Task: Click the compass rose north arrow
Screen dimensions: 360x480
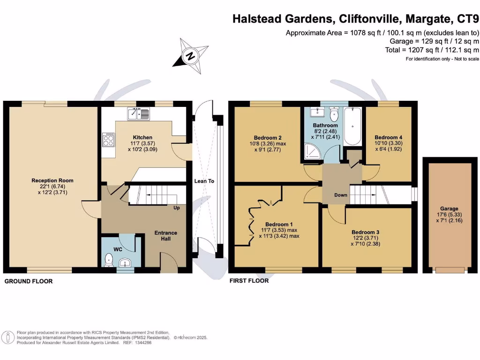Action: (190, 56)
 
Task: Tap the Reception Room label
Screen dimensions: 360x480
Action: (52, 180)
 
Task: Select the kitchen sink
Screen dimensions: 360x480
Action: (138, 113)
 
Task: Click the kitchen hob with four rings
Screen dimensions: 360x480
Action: (108, 139)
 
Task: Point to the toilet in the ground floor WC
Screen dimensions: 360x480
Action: (108, 259)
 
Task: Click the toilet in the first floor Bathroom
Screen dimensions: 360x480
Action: (334, 114)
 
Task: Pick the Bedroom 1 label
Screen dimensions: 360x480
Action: (278, 224)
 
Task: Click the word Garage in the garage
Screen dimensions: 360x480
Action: (449, 209)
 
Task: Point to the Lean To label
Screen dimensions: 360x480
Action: (204, 181)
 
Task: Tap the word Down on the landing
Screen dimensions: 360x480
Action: (341, 195)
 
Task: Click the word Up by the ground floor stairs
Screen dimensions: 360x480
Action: (177, 207)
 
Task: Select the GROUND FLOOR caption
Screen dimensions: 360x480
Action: (29, 281)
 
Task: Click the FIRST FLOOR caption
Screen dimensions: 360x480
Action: (249, 281)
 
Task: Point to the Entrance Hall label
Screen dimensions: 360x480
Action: (166, 236)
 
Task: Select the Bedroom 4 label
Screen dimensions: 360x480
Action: (388, 137)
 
